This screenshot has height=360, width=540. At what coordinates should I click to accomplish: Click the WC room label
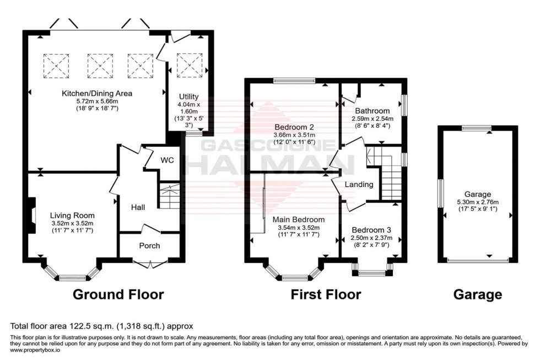[168, 160]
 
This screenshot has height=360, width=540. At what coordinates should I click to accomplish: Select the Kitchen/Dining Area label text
[97, 93]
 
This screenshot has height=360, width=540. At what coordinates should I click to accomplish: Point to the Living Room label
[72, 215]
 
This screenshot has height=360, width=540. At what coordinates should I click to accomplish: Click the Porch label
[149, 245]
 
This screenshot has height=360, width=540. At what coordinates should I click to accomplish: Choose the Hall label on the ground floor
[138, 207]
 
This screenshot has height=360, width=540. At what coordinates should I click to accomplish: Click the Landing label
[359, 184]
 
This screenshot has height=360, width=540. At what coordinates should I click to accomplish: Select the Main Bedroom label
[298, 219]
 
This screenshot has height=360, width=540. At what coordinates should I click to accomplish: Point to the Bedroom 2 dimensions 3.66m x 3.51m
[294, 135]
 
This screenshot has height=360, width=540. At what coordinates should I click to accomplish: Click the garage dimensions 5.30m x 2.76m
[477, 202]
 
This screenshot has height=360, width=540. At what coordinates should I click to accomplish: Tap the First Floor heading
[326, 294]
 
